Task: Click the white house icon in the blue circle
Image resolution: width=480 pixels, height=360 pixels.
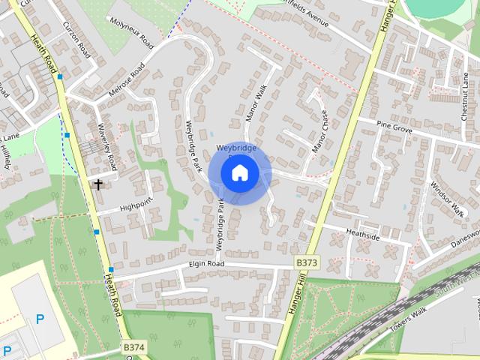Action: pyautogui.click(x=239, y=173)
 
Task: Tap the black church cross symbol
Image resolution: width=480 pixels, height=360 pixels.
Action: pyautogui.click(x=98, y=184)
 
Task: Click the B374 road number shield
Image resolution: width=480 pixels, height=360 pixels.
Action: pyautogui.click(x=133, y=347)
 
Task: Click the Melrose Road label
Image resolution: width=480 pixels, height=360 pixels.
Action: pyautogui.click(x=126, y=82)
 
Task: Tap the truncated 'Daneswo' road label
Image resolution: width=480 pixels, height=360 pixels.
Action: pyautogui.click(x=464, y=238)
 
